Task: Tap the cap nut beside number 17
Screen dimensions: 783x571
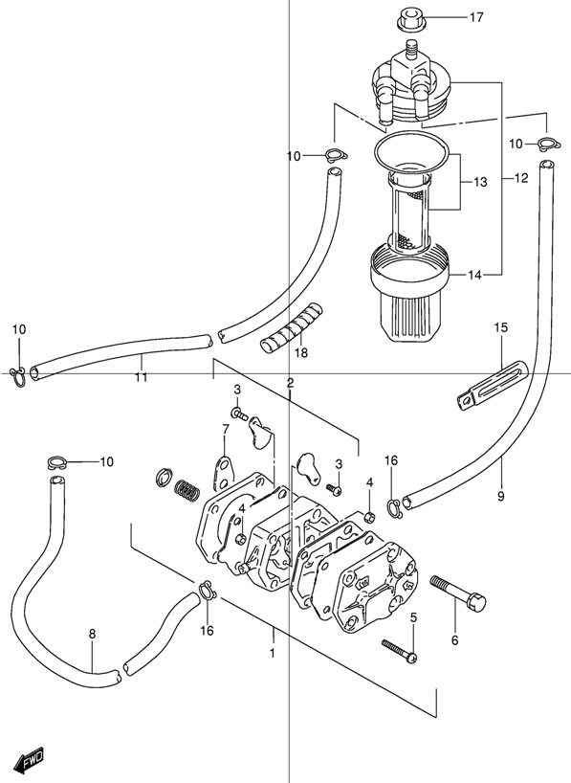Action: coord(406,18)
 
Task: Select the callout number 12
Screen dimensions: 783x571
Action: coord(520,178)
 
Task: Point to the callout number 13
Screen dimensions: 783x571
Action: coord(479,182)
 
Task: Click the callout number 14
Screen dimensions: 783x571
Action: coord(475,276)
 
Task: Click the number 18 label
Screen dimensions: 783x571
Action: coord(301,353)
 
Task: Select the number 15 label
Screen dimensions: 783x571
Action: coord(499,329)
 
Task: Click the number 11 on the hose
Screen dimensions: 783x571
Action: coord(141,377)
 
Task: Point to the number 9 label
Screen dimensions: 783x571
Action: coord(500,496)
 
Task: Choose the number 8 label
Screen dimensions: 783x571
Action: coord(92,634)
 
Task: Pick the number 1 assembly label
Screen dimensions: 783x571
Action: coord(272,653)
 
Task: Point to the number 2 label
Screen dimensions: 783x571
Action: coord(290,383)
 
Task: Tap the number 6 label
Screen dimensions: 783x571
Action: coord(454,639)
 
